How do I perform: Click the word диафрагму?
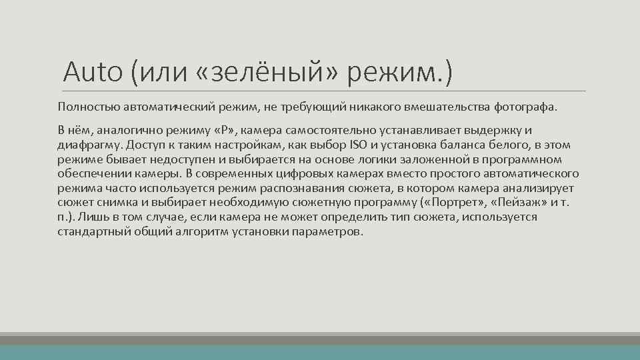point(86,145)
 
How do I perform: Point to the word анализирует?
point(541,189)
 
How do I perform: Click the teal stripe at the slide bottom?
point(320,353)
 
